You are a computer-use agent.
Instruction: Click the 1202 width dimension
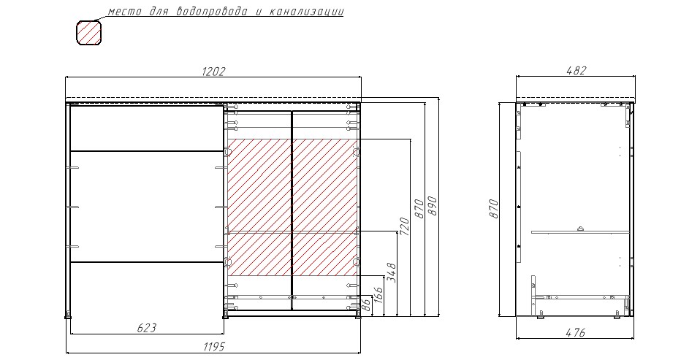(x=213, y=72)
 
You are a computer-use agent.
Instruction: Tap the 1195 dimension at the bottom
(x=214, y=347)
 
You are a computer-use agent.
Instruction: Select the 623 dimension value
(x=147, y=329)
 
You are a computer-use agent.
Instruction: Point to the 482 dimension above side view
(x=576, y=71)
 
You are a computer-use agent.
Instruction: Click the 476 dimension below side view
(x=576, y=332)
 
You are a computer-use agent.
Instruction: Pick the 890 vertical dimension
(x=432, y=206)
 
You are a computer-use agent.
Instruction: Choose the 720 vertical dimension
(x=404, y=226)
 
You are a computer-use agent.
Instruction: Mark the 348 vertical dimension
(x=391, y=272)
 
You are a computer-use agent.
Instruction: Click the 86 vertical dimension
(x=365, y=305)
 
